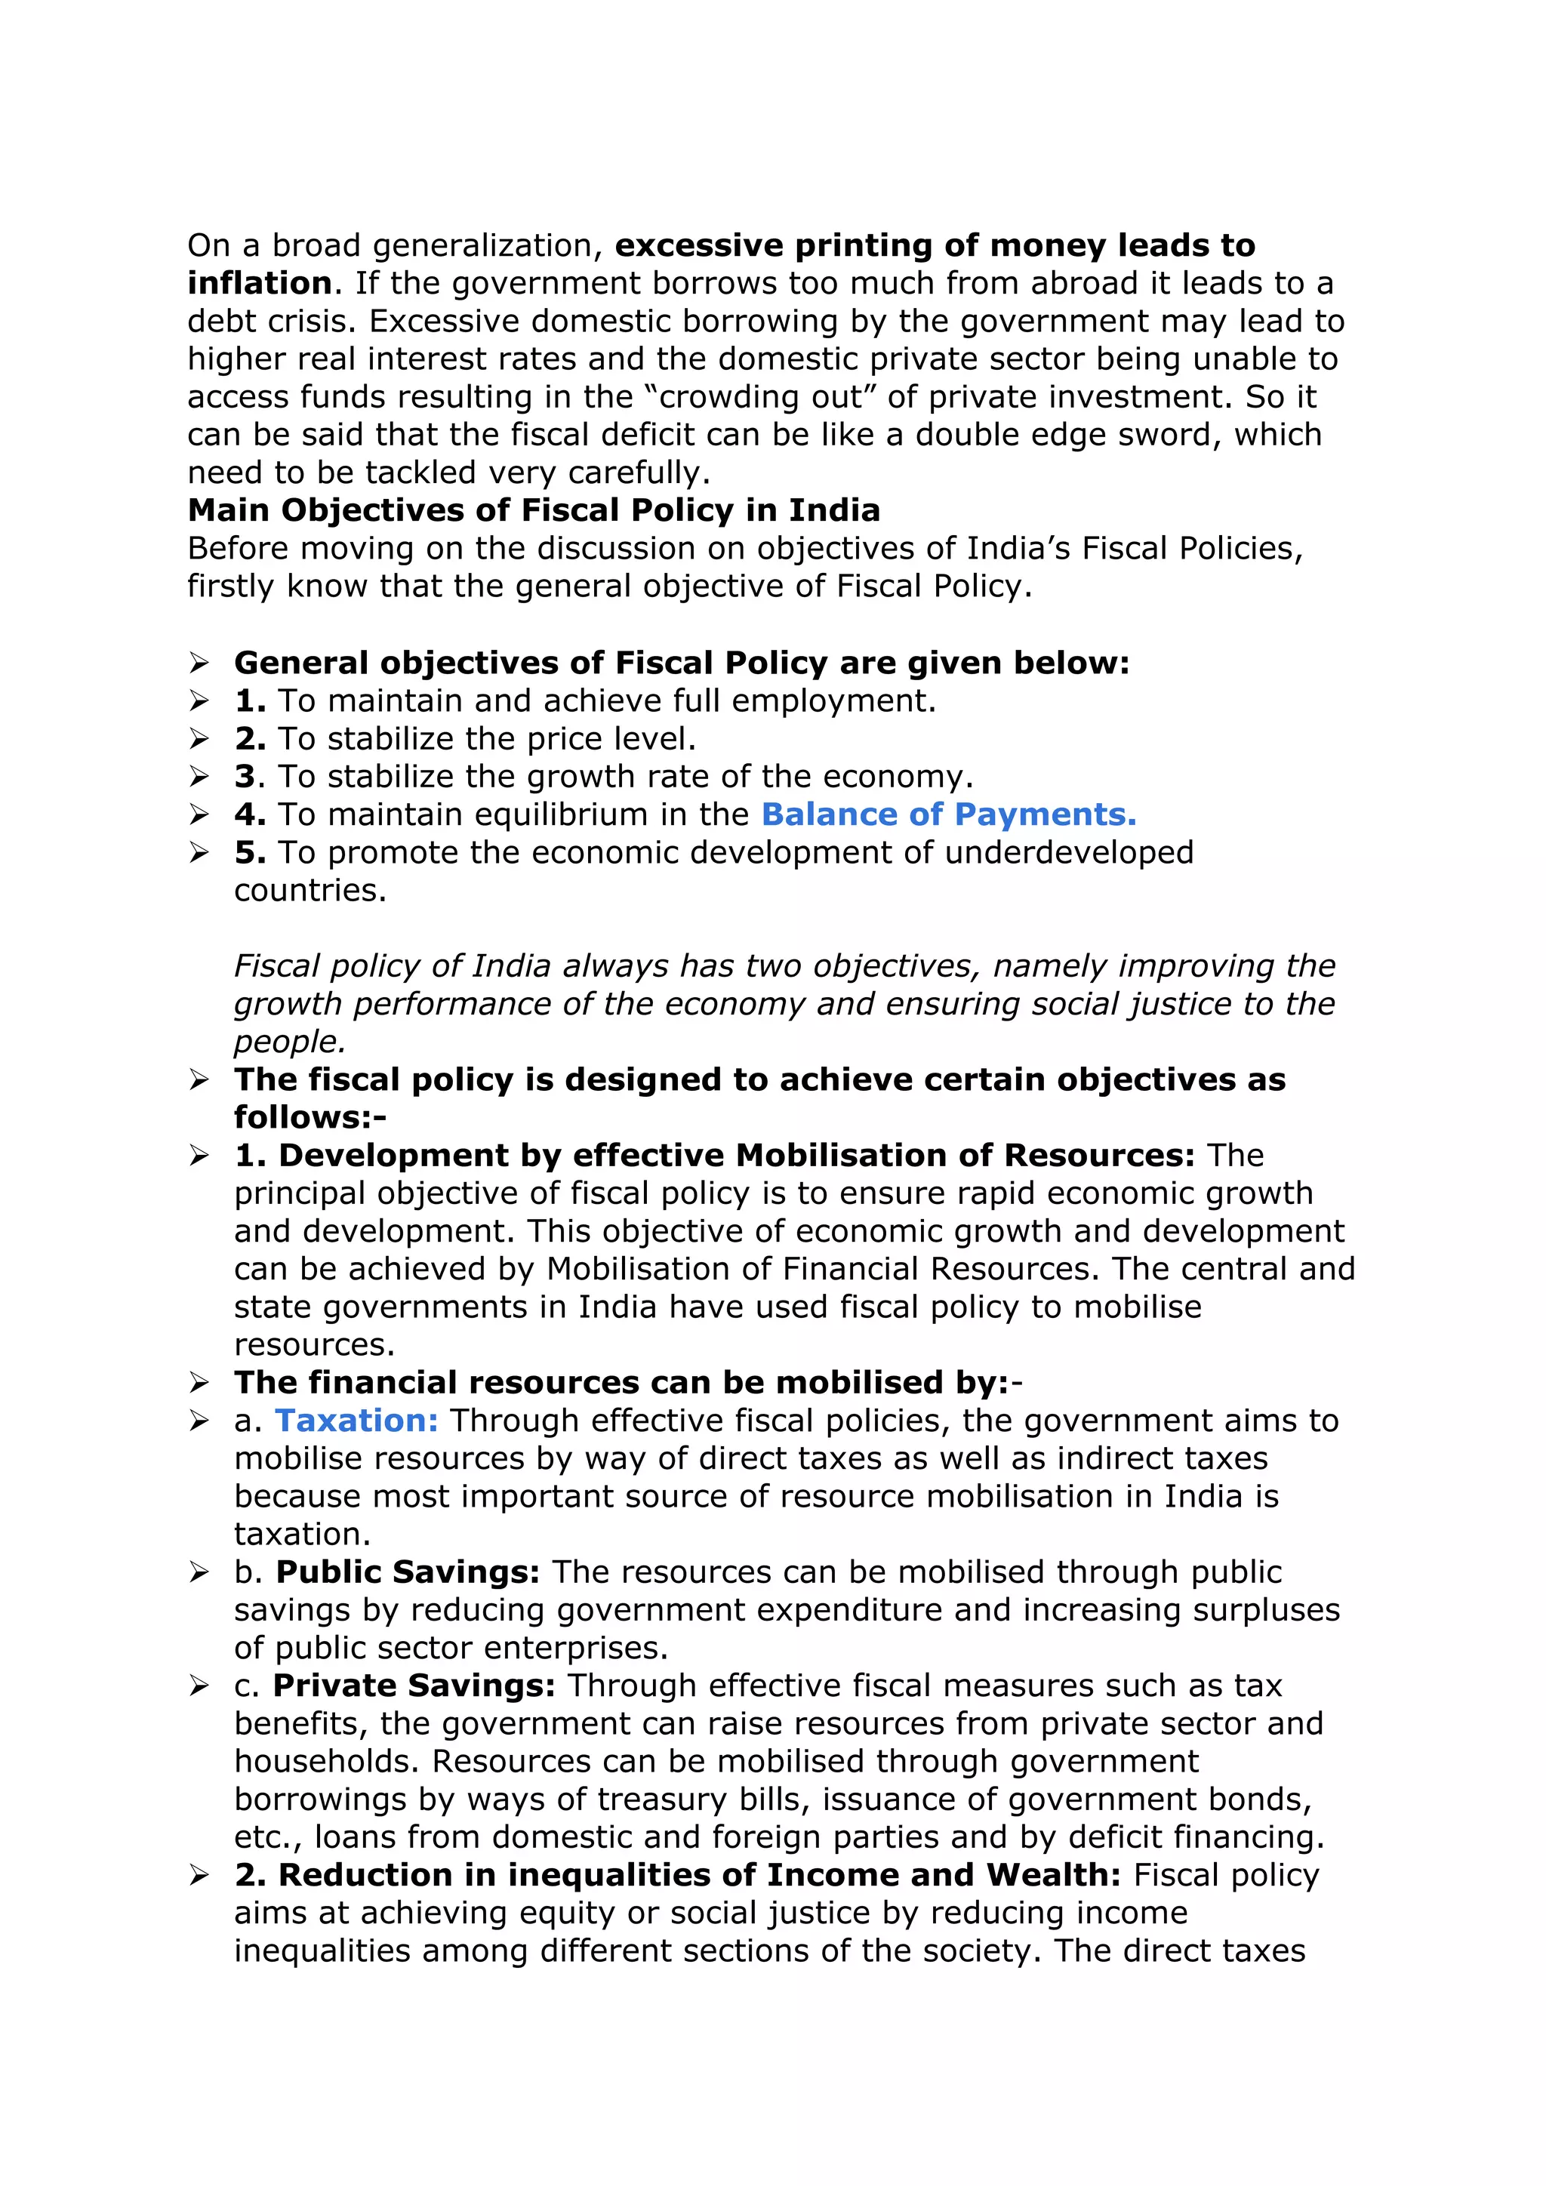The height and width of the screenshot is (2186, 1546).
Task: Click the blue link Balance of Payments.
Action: tap(948, 815)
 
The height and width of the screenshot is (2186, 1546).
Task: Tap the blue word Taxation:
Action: tap(356, 1421)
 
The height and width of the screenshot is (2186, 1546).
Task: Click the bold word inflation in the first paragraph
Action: tap(259, 284)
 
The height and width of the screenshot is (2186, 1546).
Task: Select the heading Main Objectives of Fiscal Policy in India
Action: tap(533, 510)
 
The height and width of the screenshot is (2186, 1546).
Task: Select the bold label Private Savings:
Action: tap(413, 1686)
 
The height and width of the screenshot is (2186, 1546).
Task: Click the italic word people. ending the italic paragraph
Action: tap(289, 1042)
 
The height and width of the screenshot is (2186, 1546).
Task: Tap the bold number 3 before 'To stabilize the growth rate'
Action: tap(245, 777)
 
